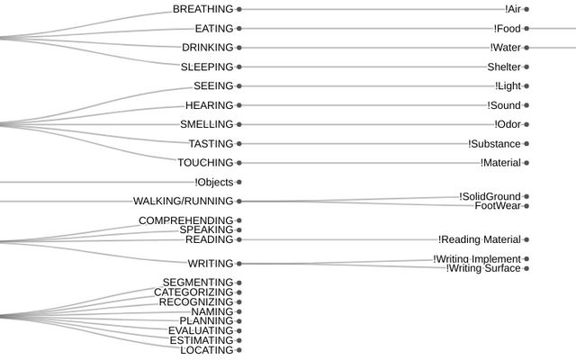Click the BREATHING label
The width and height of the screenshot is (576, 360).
tap(202, 9)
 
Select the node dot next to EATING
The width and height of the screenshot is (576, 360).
tap(238, 28)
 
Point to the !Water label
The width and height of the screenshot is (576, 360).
tap(505, 48)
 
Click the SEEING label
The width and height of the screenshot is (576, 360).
tap(213, 86)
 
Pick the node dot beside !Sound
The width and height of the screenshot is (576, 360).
tap(526, 105)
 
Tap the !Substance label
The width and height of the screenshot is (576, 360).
tap(494, 144)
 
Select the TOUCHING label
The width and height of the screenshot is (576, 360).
tap(205, 163)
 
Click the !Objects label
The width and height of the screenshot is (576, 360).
tap(213, 183)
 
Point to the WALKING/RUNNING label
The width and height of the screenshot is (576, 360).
tap(183, 202)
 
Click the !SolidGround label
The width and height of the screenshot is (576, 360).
tap(490, 196)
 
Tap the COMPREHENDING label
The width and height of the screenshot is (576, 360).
tap(185, 220)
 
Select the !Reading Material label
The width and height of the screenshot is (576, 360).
tap(480, 240)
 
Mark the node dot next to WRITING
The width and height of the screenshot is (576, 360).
tap(238, 264)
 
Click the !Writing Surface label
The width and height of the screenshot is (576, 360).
tap(483, 268)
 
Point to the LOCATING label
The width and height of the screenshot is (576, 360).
tap(207, 350)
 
